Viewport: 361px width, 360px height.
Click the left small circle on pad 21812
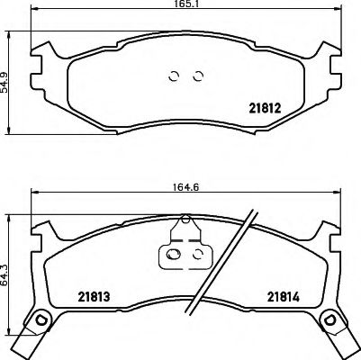tap(176, 75)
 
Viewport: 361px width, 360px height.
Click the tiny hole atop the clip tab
tap(186, 220)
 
